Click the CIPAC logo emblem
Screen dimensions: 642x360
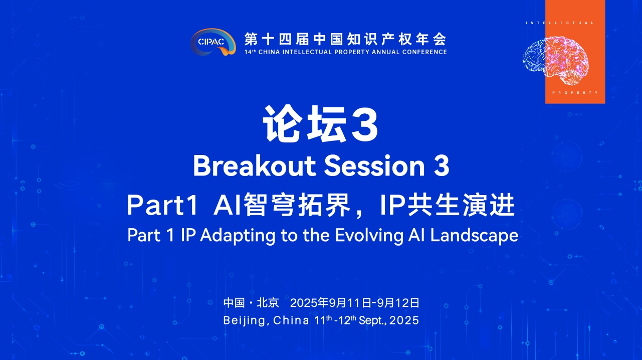213,42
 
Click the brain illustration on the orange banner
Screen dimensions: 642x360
556,61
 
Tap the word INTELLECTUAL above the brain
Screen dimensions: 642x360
560,23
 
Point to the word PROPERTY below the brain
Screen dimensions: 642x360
575,93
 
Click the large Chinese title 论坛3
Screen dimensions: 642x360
321,124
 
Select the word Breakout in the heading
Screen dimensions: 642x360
255,166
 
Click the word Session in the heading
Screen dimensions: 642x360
374,166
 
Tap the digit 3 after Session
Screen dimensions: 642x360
442,166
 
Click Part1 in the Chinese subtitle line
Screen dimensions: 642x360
162,205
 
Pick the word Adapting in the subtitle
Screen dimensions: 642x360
238,236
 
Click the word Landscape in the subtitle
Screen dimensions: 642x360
474,236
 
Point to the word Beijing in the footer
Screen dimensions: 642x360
245,321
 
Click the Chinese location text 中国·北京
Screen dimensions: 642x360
251,303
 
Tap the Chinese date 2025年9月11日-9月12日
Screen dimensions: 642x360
355,303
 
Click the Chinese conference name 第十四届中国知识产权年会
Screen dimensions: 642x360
345,39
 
